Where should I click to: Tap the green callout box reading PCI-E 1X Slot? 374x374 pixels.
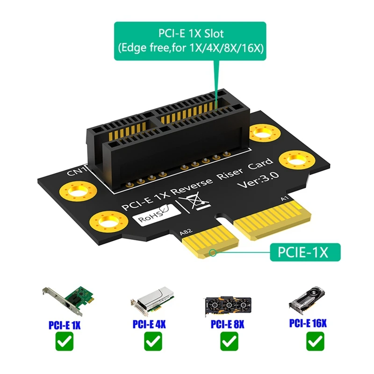coord(190,41)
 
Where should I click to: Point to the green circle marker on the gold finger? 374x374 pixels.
coord(213,254)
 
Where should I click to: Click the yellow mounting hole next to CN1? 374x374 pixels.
coord(78,191)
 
